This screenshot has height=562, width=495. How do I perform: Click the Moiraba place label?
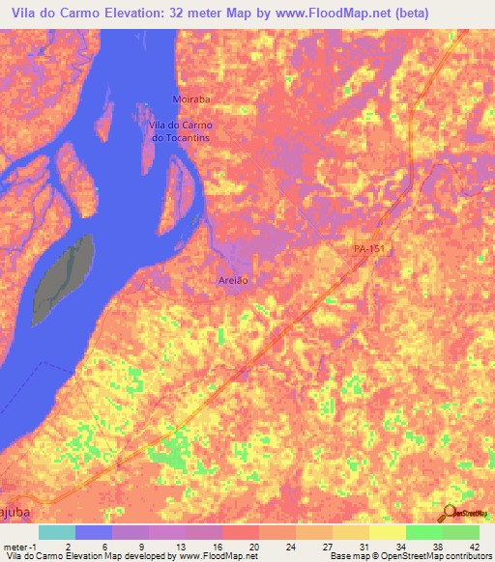click(x=163, y=99)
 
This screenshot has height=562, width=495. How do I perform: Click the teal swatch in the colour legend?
click(x=57, y=532)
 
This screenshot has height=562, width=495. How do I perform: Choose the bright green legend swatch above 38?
click(x=423, y=532)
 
